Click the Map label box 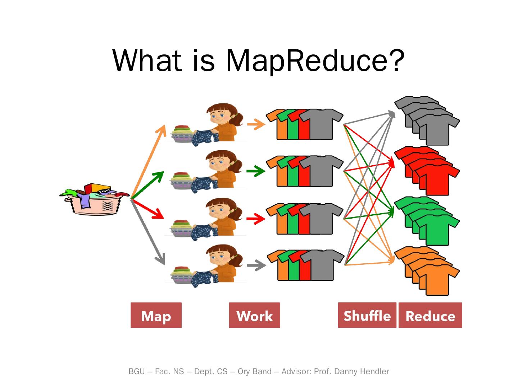pos(156,316)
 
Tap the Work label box pos(254,316)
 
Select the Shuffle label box pos(367,316)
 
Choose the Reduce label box pos(430,316)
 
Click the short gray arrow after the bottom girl pos(256,265)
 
